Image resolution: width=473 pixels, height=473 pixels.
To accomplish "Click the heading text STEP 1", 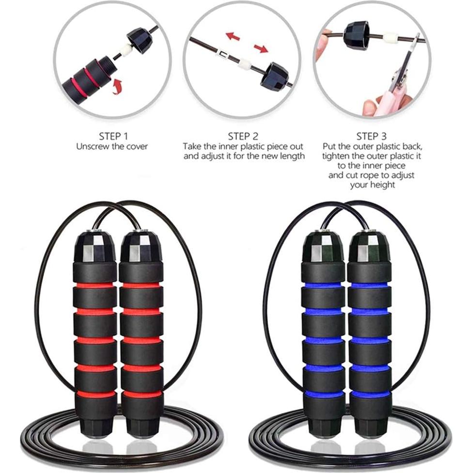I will click(112, 136).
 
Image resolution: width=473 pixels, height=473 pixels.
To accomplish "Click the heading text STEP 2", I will click(243, 136).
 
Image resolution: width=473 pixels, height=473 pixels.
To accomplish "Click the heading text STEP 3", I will click(371, 136).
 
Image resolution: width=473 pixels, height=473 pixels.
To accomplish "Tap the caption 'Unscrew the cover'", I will click(112, 146).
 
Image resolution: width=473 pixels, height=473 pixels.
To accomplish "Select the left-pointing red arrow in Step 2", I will click(233, 36).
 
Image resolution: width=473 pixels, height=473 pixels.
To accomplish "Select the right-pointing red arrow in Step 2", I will click(261, 47).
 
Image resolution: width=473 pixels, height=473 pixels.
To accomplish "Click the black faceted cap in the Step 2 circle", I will click(275, 75).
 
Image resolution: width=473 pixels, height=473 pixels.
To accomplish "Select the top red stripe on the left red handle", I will click(95, 285).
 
